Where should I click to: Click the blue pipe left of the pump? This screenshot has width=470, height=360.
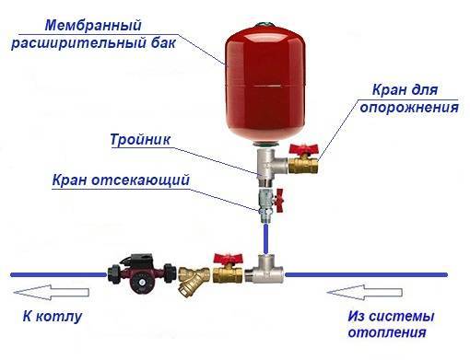click(55, 273)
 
